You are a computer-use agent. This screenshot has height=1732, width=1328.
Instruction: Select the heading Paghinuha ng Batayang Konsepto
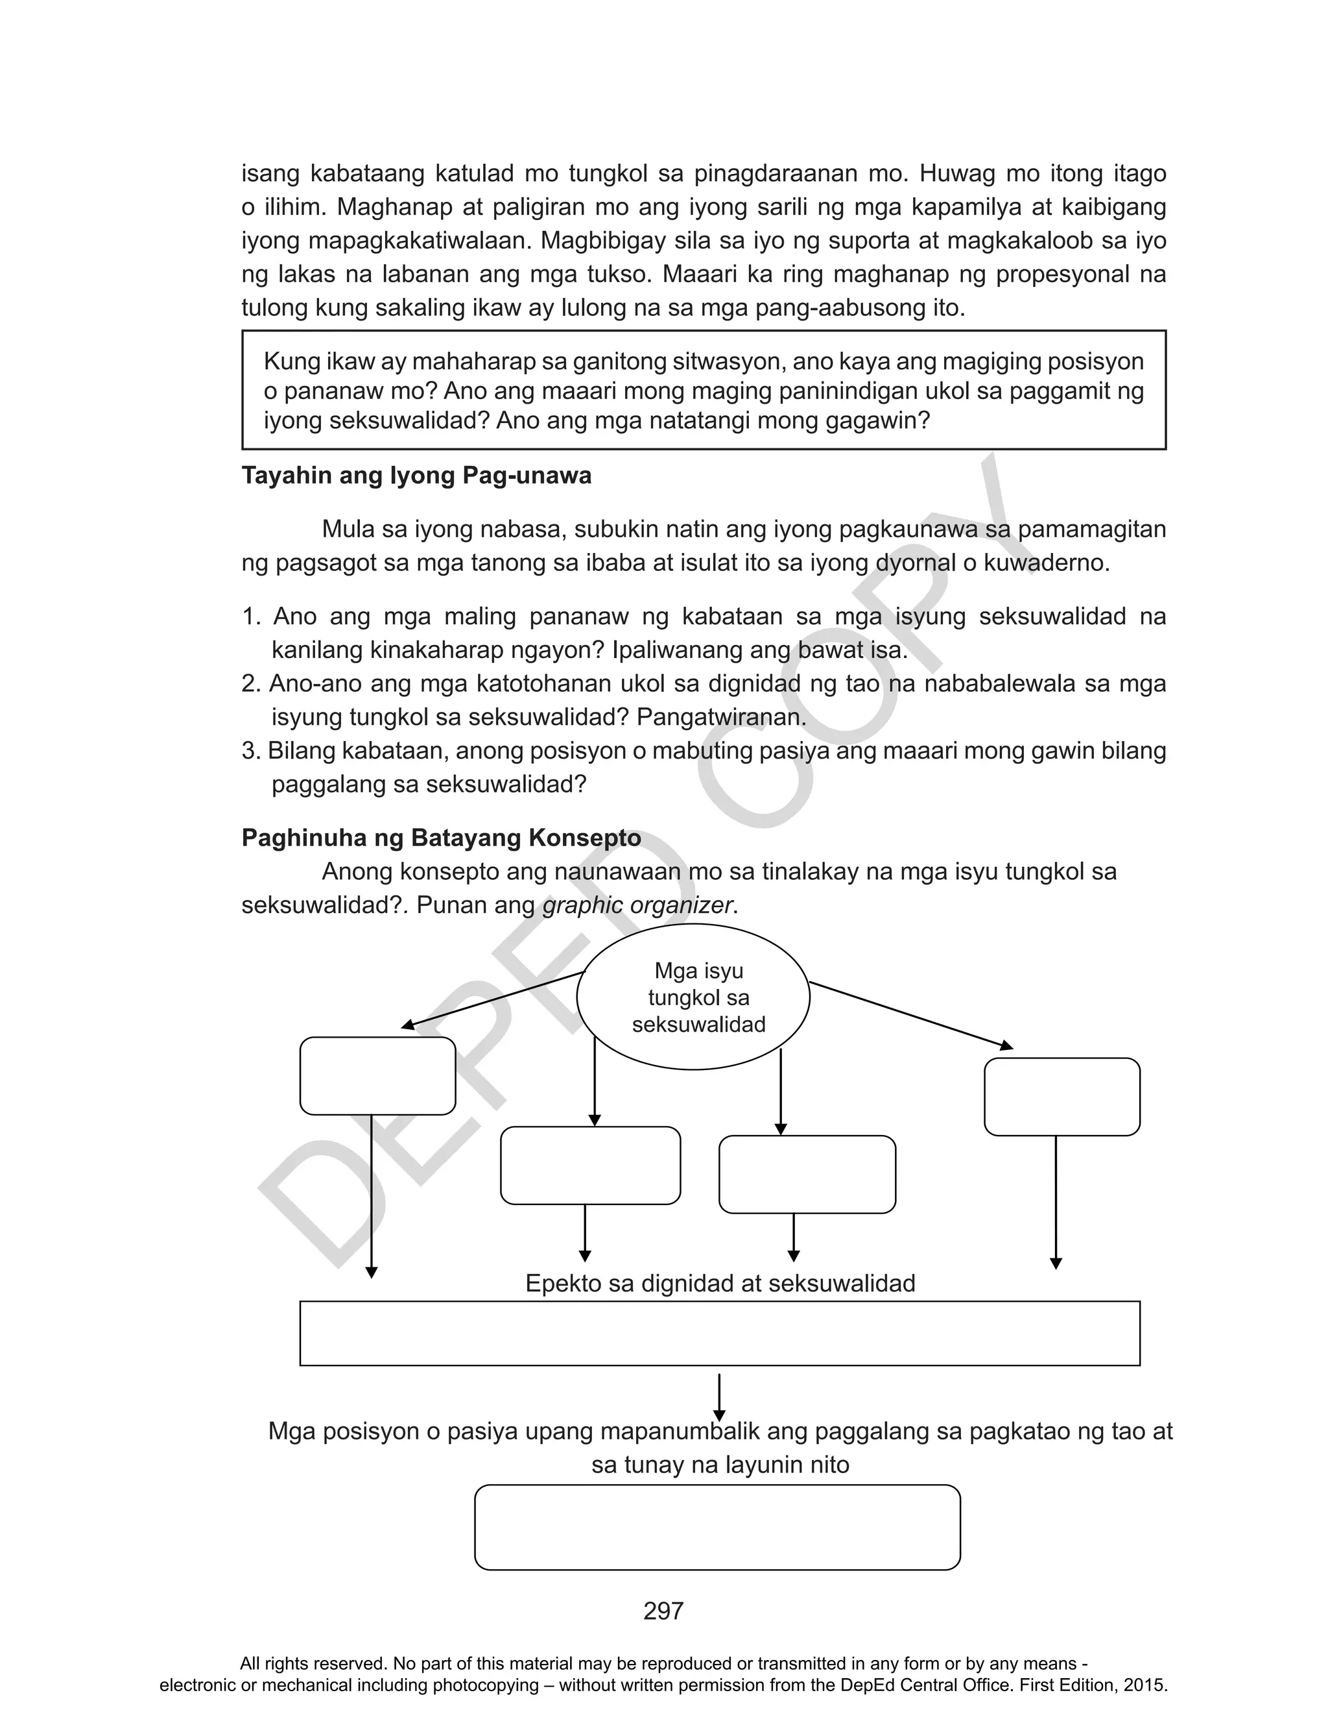tap(441, 838)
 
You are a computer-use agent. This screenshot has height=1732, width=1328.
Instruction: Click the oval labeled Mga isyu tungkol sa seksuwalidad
tap(693, 997)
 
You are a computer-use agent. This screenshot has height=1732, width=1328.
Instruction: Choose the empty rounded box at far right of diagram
tap(1061, 1097)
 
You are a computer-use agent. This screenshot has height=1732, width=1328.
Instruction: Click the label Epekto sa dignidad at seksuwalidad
tap(720, 1283)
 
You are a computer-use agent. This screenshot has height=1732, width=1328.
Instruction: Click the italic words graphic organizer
tap(637, 905)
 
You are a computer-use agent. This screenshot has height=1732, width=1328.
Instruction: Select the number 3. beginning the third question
tap(250, 751)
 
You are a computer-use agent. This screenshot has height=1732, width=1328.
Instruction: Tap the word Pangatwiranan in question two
tap(721, 717)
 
